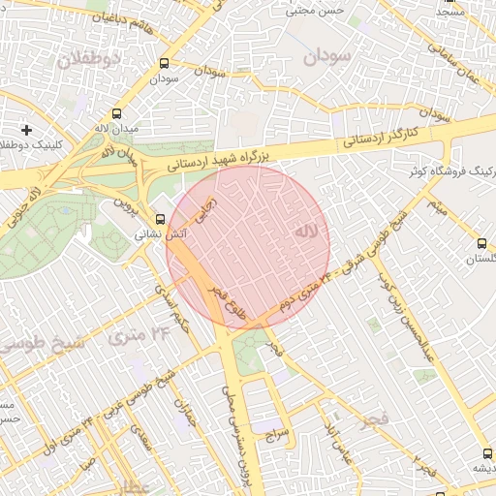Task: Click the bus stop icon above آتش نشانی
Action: (160, 219)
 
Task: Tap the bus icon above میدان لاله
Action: (117, 112)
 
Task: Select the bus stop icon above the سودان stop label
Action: (162, 64)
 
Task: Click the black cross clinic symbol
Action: (26, 129)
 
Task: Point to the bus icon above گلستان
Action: (481, 243)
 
